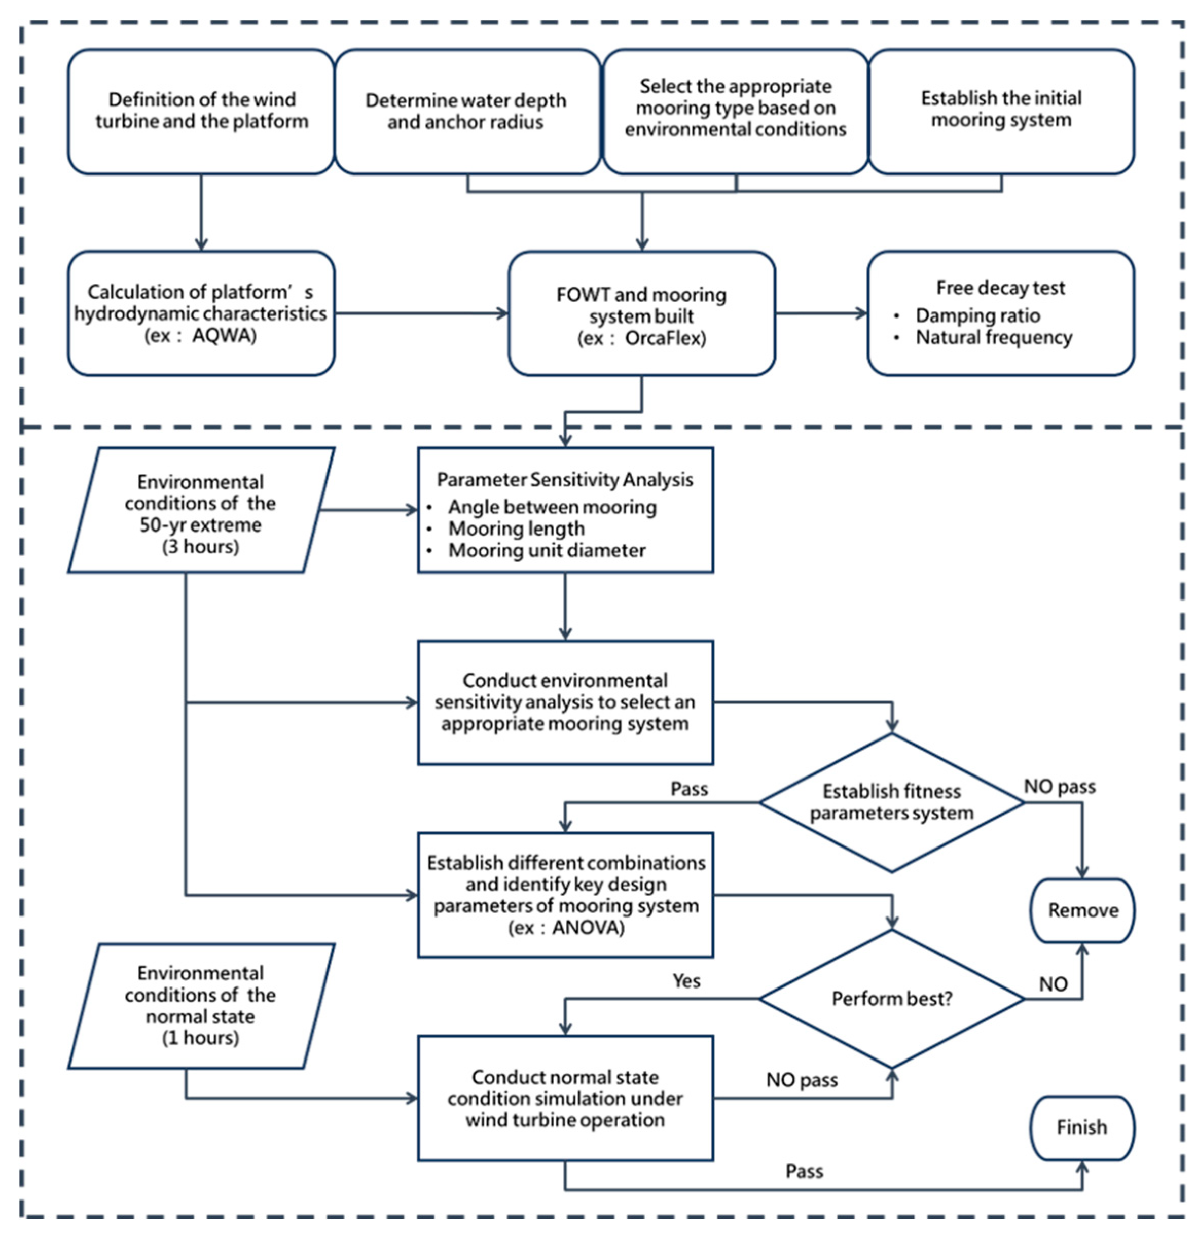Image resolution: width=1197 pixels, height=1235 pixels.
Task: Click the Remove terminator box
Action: click(1082, 910)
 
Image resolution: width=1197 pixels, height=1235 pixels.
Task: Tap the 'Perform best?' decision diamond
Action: click(891, 998)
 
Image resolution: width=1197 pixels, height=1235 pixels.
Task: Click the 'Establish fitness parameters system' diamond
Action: click(891, 802)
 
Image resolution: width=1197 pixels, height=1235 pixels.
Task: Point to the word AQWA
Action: click(224, 335)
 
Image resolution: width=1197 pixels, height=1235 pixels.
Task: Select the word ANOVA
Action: click(587, 927)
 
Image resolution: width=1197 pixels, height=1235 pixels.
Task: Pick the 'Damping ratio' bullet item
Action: click(977, 315)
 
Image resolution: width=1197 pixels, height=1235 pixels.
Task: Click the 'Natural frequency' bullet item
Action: click(994, 337)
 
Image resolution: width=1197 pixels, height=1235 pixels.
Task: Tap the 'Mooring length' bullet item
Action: click(516, 528)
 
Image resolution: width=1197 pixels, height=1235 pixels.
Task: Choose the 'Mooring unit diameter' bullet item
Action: click(546, 550)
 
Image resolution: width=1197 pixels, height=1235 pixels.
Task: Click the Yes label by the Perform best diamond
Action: click(686, 981)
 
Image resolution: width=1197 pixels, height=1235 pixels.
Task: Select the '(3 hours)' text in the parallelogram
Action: click(200, 546)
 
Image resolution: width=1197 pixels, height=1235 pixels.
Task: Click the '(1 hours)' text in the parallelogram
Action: click(200, 1037)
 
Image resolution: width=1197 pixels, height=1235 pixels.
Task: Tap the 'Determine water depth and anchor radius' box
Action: click(466, 111)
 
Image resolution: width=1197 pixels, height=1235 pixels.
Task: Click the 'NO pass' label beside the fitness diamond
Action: click(1060, 786)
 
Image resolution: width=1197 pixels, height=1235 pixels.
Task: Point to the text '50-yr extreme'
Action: click(200, 524)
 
